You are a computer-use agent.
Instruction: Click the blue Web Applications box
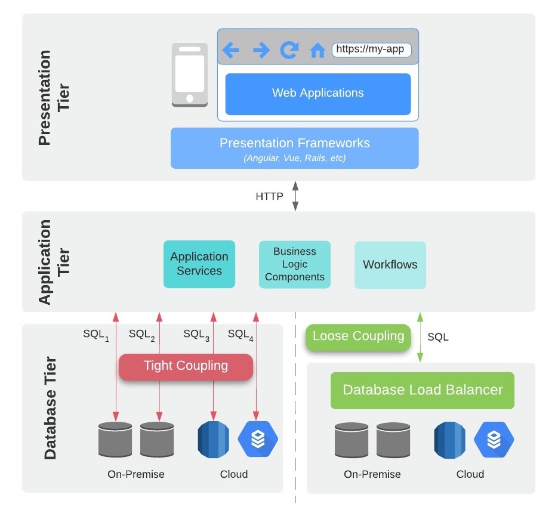tap(317, 94)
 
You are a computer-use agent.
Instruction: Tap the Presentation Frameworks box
tap(294, 149)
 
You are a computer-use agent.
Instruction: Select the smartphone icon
tap(189, 75)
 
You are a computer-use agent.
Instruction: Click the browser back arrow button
tap(231, 51)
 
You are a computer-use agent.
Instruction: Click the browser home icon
tap(317, 51)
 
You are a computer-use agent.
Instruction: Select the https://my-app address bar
tap(371, 50)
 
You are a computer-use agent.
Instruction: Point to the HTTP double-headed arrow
tap(295, 196)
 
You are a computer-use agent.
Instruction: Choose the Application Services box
tap(199, 264)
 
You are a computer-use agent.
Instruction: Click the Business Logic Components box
tap(294, 264)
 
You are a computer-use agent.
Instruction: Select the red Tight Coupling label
tap(186, 366)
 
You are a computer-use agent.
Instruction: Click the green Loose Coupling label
tap(358, 336)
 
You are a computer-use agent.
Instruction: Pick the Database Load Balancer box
tap(422, 391)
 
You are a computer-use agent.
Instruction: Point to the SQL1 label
tap(96, 335)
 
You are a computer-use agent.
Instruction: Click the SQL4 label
tap(241, 335)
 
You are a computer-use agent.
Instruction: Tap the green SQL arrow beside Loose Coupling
tap(420, 337)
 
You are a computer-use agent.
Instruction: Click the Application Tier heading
tap(53, 262)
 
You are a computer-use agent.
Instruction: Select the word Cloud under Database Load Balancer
tap(470, 474)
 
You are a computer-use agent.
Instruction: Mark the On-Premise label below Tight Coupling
tap(135, 474)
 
